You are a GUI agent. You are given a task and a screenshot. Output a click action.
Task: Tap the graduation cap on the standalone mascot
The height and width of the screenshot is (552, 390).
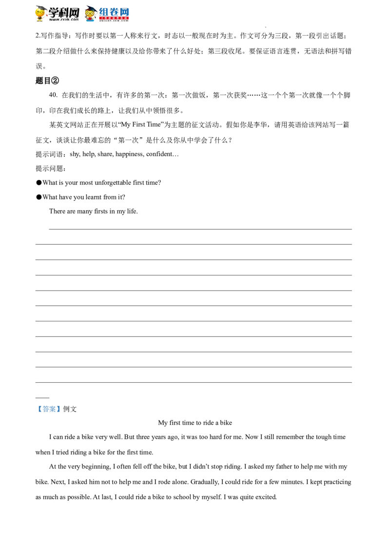(41, 7)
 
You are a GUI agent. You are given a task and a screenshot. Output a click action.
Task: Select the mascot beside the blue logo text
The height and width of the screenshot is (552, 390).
(90, 14)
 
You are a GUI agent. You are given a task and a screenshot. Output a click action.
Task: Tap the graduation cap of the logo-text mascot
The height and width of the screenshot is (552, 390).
(90, 8)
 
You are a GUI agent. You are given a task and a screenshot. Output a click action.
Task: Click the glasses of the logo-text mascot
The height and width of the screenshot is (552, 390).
(90, 14)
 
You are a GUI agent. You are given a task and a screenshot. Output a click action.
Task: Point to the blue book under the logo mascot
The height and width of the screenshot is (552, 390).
(91, 21)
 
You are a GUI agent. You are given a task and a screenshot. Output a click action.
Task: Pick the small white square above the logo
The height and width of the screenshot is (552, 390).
(96, 6)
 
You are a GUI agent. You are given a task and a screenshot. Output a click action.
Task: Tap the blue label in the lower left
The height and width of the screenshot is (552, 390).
(49, 410)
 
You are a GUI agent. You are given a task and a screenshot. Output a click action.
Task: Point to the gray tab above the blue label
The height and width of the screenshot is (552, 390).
(49, 404)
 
